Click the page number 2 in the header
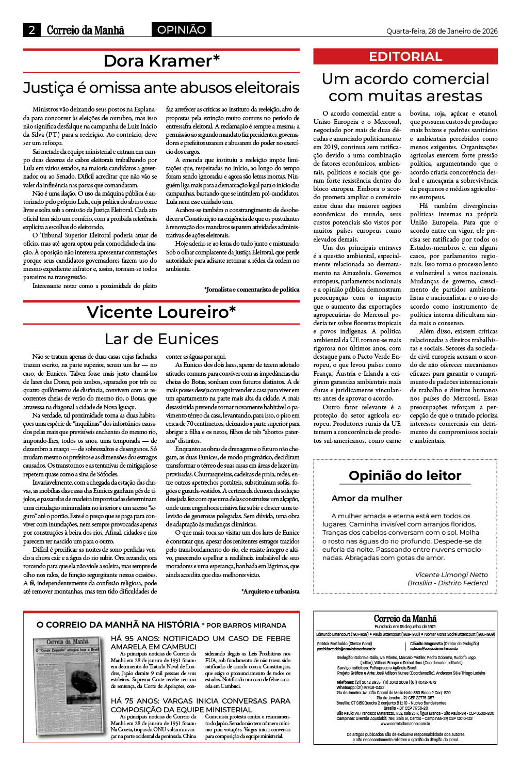point(32,30)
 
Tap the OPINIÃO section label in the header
point(181,30)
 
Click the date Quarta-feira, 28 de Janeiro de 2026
point(442,31)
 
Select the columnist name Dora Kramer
point(161,61)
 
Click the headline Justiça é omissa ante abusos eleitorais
point(161,87)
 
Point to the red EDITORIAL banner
point(405,57)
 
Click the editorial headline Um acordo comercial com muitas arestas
point(405,87)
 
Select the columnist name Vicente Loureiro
point(161,312)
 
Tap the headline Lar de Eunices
point(161,339)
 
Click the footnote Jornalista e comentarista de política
point(252,290)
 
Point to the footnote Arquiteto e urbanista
point(270,591)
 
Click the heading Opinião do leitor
point(405,475)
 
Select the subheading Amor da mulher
point(367,498)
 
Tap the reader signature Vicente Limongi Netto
point(451,574)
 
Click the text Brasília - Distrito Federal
point(447,583)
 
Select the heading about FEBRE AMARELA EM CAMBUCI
point(200,642)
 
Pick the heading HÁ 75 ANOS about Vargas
point(200,705)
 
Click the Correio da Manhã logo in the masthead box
point(405,618)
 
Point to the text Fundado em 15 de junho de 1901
point(405,626)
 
